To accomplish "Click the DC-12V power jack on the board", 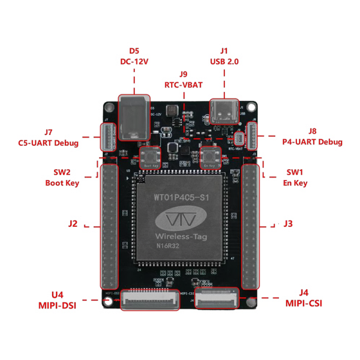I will pos(133,117).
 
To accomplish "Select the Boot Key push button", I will pos(149,158).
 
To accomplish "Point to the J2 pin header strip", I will pos(110,228).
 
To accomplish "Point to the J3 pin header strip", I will pos(251,228).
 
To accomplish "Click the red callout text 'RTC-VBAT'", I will pos(184,85).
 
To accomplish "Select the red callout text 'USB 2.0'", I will pos(224,61).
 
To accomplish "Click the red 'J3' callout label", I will pos(288,224).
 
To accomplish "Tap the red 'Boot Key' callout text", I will pos(62,182).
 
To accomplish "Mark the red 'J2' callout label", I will pos(73,224).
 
